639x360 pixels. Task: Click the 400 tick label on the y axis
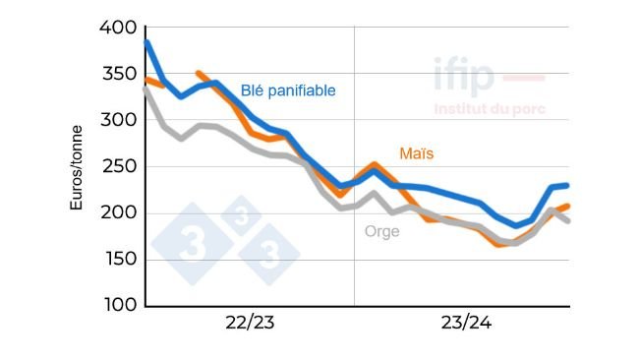click(119, 29)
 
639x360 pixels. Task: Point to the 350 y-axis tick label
click(119, 75)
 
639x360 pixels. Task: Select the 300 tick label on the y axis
click(119, 121)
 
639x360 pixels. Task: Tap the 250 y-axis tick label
click(119, 167)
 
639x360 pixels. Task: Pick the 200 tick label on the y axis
click(119, 213)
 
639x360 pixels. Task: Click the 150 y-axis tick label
click(119, 260)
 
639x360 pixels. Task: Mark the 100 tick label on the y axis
click(119, 306)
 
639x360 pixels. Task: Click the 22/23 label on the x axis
click(250, 323)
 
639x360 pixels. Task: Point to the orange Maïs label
click(417, 154)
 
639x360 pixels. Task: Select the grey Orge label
click(382, 232)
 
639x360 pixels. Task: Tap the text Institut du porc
click(490, 109)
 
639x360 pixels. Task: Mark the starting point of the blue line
click(146, 42)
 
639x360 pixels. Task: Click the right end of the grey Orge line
click(568, 220)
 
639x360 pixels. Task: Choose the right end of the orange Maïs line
click(567, 206)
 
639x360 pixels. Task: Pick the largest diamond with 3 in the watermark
click(193, 244)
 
